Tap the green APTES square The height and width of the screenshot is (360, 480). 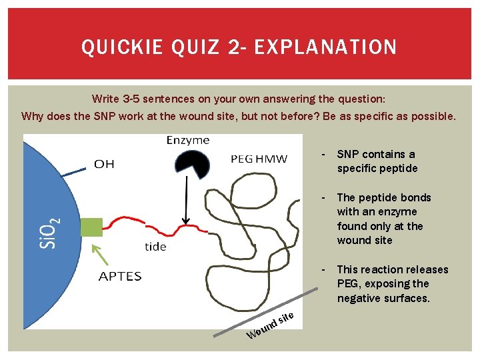click(91, 227)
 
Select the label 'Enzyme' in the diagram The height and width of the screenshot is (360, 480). click(187, 140)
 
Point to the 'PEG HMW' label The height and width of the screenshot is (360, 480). click(259, 159)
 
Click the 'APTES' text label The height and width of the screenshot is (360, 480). click(120, 276)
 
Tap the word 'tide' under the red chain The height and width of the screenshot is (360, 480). click(155, 247)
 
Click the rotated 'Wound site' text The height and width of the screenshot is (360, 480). click(269, 325)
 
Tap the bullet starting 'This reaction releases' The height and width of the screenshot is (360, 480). click(392, 283)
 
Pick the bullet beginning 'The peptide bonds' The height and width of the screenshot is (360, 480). click(384, 219)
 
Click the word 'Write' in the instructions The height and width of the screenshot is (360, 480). click(105, 99)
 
